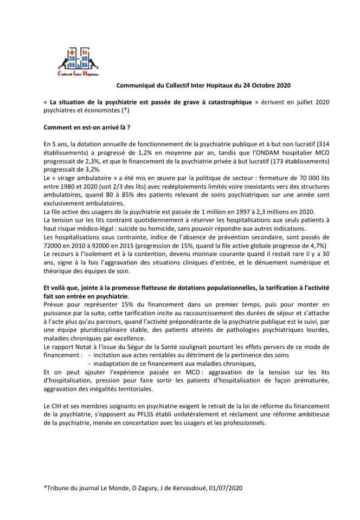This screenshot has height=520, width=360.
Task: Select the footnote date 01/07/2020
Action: point(227,488)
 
